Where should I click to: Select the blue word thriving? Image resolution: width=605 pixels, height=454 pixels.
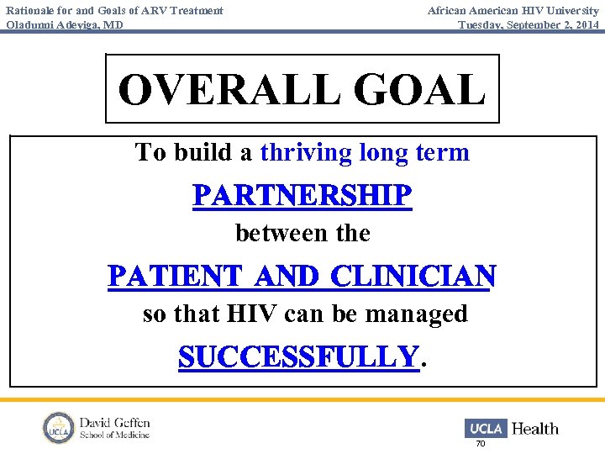pyautogui.click(x=306, y=152)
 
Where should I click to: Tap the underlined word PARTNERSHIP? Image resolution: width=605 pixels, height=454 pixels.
pyautogui.click(x=302, y=196)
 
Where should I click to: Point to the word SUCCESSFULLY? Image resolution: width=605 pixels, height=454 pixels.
pyautogui.click(x=298, y=356)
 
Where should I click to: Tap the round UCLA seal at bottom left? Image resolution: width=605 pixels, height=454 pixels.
pyautogui.click(x=59, y=427)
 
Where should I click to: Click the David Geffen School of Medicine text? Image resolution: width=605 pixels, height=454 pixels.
pyautogui.click(x=114, y=428)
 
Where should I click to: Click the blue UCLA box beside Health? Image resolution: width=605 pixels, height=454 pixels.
pyautogui.click(x=486, y=428)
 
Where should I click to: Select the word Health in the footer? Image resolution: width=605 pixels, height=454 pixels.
pyautogui.click(x=534, y=429)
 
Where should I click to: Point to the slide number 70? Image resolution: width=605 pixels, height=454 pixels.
pyautogui.click(x=481, y=444)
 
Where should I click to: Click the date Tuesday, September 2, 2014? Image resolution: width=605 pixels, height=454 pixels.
pyautogui.click(x=529, y=24)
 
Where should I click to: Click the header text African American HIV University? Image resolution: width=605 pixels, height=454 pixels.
pyautogui.click(x=513, y=10)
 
